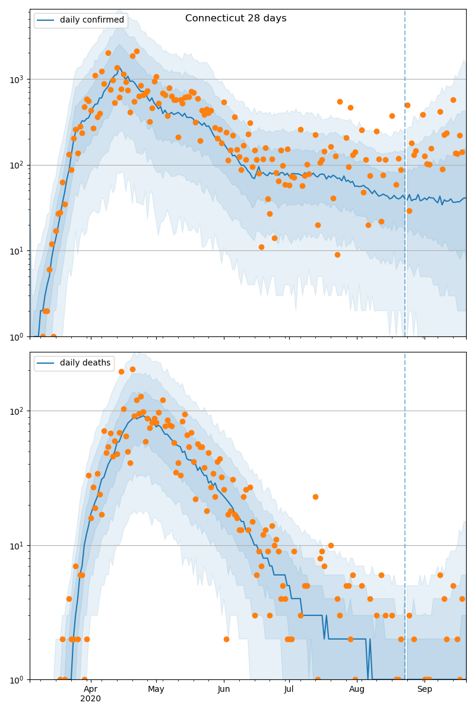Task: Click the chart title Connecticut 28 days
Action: click(x=236, y=18)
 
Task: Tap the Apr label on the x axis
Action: click(x=90, y=689)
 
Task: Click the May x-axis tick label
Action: click(x=156, y=689)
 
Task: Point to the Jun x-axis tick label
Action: click(x=224, y=689)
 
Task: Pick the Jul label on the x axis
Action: click(x=289, y=689)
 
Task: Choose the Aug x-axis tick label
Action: click(x=357, y=689)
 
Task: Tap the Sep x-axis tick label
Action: click(x=425, y=689)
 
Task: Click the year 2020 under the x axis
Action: click(x=90, y=699)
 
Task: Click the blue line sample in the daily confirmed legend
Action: click(x=46, y=20)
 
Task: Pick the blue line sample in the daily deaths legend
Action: click(x=46, y=363)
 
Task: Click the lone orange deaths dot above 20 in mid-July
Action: click(x=315, y=497)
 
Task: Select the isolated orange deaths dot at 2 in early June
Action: click(x=226, y=639)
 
